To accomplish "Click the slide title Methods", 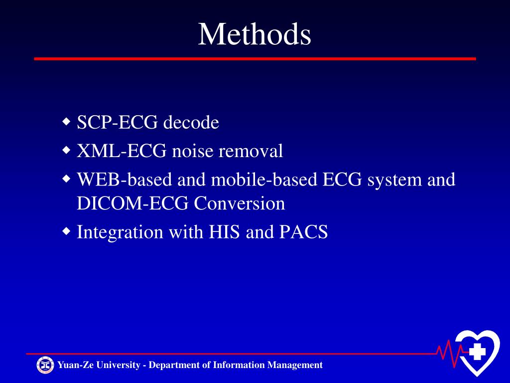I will click(x=255, y=35).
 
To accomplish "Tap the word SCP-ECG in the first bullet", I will click(x=118, y=122).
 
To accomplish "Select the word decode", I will click(x=191, y=123).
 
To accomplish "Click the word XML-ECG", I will click(x=122, y=151).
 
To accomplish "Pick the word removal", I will click(x=252, y=151).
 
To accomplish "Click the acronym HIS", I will click(x=225, y=232).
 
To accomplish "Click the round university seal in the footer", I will click(x=45, y=365).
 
